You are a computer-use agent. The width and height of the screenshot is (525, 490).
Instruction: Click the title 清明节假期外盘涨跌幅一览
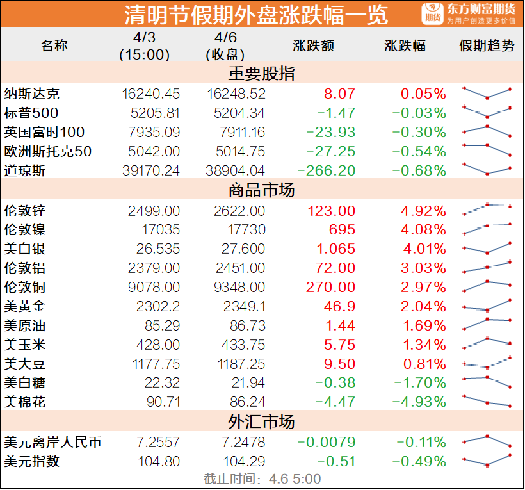(255, 14)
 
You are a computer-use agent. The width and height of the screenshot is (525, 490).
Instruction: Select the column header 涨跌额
(314, 46)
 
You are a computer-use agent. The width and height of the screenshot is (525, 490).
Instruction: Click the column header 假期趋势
(487, 46)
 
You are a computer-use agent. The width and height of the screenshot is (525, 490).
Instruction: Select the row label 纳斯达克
(31, 94)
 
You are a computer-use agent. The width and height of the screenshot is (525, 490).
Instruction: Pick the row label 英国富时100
(44, 133)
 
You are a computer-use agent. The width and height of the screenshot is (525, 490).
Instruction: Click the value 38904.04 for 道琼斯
(236, 171)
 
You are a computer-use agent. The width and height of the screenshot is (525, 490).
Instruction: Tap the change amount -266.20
(326, 171)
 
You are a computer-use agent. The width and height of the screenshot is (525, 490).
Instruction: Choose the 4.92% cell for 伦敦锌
(423, 211)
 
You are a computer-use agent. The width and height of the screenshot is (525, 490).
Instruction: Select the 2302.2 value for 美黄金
(158, 306)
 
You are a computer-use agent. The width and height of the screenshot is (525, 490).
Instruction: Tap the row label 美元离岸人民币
(52, 443)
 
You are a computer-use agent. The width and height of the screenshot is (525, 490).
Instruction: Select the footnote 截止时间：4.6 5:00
(262, 479)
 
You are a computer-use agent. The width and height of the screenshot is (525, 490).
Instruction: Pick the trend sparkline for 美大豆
(487, 363)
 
